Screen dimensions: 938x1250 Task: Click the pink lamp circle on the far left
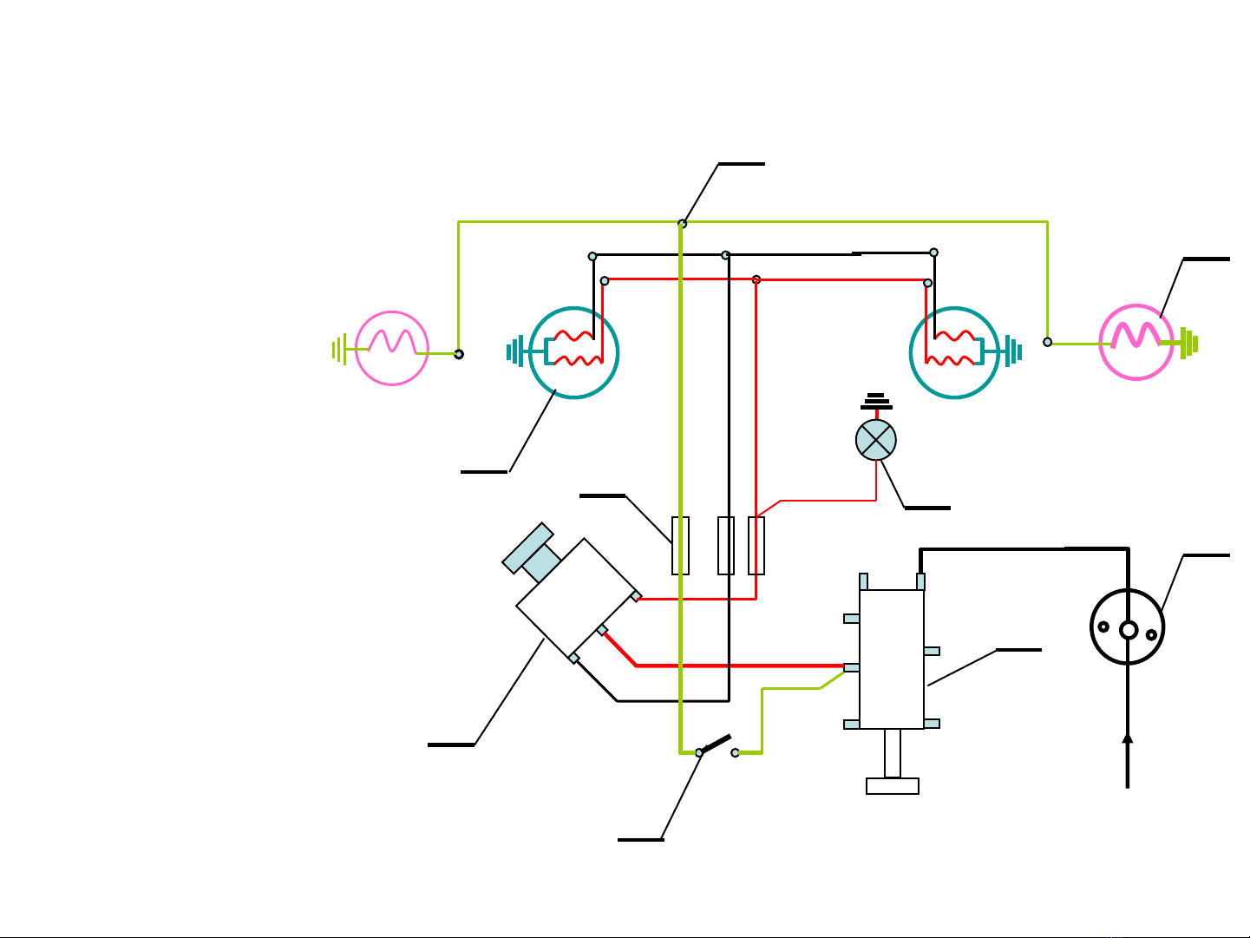click(x=392, y=347)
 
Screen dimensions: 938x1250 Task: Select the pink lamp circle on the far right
click(x=1136, y=342)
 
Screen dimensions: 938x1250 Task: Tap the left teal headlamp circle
click(x=573, y=352)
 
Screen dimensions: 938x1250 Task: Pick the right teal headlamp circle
click(x=954, y=352)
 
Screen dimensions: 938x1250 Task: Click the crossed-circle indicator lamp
click(x=876, y=440)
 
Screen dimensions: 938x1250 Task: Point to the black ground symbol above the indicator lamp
click(x=876, y=402)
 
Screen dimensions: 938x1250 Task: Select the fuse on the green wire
click(x=681, y=546)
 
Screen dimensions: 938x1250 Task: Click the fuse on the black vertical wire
click(x=727, y=546)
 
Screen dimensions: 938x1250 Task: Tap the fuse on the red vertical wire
click(x=756, y=546)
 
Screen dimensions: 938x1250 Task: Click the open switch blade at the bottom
click(x=716, y=745)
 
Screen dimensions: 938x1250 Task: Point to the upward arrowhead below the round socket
click(x=1128, y=739)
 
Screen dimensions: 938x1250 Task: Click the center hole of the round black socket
click(x=1128, y=630)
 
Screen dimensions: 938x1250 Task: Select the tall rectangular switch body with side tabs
click(x=892, y=659)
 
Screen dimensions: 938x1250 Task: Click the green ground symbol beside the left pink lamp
click(x=339, y=350)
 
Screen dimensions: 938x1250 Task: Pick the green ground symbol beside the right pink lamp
click(x=1189, y=343)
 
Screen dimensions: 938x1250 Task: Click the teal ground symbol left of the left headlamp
click(x=514, y=352)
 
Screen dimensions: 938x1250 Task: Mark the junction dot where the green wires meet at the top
click(x=683, y=224)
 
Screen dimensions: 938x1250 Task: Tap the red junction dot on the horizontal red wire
click(x=756, y=279)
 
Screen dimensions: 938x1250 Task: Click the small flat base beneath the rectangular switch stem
click(x=893, y=786)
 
